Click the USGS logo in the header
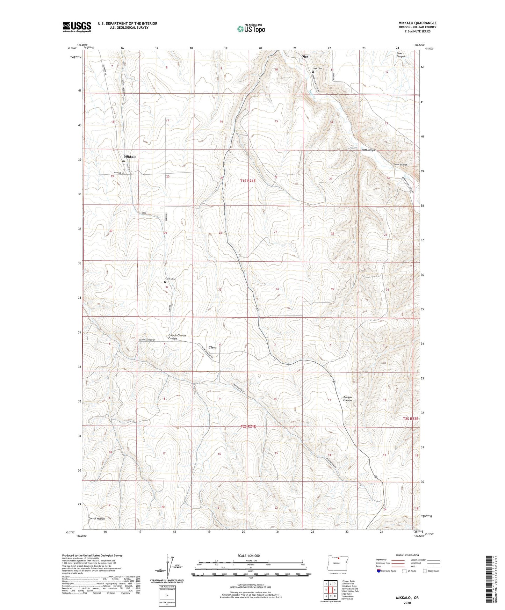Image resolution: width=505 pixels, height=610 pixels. [x=77, y=27]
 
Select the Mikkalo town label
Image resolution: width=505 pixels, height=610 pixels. [x=130, y=157]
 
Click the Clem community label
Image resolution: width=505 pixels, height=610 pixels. [x=212, y=347]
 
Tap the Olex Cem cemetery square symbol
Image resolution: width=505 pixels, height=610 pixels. [x=313, y=72]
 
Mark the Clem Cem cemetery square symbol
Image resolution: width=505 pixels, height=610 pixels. [x=165, y=282]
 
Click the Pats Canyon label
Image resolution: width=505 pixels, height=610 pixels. [x=369, y=150]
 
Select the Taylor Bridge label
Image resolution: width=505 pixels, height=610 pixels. [x=400, y=165]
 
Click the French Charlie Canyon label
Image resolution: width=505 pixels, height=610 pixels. [x=177, y=337]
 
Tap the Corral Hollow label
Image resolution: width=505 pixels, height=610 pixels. [x=97, y=518]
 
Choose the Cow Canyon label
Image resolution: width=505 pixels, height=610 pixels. [x=401, y=55]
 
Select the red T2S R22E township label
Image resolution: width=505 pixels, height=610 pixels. [x=410, y=419]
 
